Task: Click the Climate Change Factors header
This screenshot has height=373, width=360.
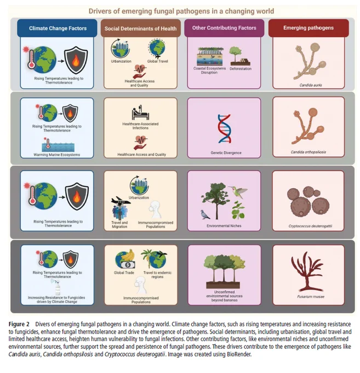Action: point(57,28)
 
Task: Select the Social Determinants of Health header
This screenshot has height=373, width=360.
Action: point(140,29)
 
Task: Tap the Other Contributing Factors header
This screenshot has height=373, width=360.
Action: point(224,28)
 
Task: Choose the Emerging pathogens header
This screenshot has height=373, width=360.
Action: point(308,28)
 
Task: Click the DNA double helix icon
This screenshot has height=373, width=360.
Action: point(224,129)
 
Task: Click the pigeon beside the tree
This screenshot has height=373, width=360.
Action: point(205,214)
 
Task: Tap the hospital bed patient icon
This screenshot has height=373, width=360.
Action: point(140,112)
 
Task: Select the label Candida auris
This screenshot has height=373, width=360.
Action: point(311,85)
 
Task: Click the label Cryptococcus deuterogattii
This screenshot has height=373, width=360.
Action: point(310,226)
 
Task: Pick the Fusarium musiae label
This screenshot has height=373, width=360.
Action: point(311,297)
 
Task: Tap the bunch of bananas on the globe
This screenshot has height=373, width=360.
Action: point(128,256)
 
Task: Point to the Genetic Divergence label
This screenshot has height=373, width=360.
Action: point(226,152)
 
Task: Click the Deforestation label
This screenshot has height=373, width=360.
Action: point(241,69)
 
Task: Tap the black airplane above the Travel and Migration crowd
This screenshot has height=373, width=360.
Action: point(121,201)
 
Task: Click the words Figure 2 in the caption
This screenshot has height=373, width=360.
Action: point(19,324)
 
